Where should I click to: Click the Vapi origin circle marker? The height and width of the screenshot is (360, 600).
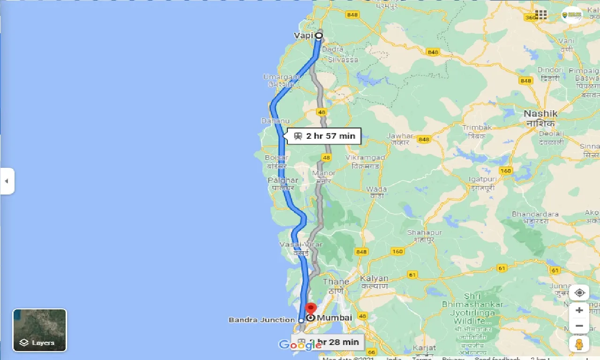tap(319, 35)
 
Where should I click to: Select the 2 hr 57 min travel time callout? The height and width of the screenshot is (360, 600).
tap(324, 136)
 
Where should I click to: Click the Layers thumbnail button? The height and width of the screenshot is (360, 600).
tap(40, 330)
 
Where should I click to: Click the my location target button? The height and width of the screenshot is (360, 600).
tap(579, 293)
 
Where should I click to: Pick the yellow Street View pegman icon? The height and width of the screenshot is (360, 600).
tap(579, 344)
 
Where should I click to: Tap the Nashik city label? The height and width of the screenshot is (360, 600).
tap(540, 113)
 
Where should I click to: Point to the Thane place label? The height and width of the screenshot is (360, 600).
tap(336, 281)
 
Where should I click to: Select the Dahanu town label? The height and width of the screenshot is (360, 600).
tap(275, 121)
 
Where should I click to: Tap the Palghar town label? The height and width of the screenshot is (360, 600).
tap(283, 180)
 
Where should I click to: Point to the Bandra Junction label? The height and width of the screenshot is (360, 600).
tap(262, 320)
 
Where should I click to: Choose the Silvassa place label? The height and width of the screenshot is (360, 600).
tap(343, 60)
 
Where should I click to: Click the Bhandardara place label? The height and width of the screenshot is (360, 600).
tap(535, 214)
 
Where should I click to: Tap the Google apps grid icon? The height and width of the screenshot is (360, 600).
tap(541, 15)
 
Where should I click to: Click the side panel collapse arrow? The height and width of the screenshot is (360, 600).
tap(7, 181)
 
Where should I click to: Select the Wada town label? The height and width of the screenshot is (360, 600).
tap(376, 189)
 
